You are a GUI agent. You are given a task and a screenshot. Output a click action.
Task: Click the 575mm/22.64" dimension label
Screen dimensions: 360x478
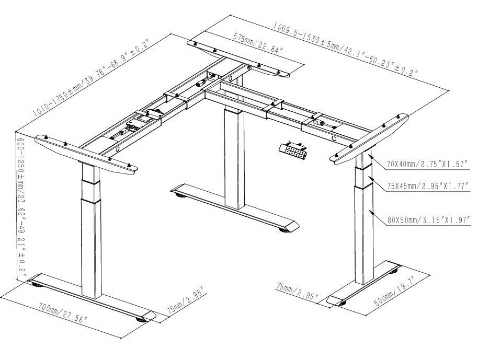coord(258,44)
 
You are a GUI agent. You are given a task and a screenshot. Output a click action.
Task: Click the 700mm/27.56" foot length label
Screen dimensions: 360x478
coord(61,313)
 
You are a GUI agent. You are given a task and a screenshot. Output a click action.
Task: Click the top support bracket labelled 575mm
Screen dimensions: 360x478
coord(238,58)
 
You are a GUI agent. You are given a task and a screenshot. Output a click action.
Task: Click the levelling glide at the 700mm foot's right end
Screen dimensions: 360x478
coord(141,318)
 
